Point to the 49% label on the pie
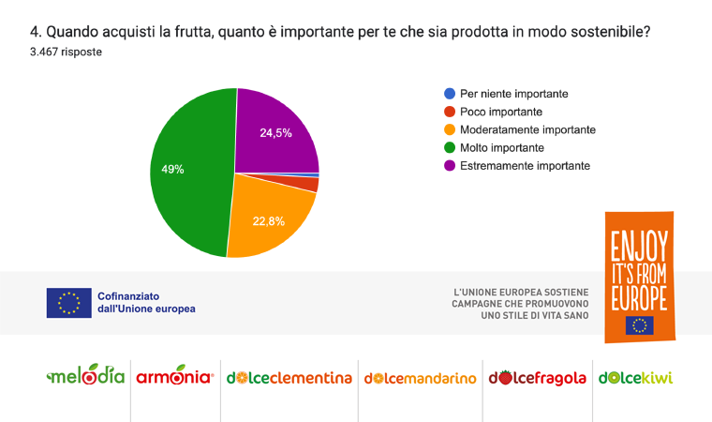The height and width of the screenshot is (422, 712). tap(172, 170)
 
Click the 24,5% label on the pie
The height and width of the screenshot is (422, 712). tap(275, 133)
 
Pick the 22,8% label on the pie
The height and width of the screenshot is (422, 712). tap(268, 221)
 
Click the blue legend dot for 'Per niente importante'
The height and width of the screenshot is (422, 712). tap(450, 94)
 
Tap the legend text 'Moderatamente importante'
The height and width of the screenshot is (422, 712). tap(527, 129)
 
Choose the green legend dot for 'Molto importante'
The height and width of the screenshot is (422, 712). tap(450, 147)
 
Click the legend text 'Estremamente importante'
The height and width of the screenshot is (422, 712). tap(525, 165)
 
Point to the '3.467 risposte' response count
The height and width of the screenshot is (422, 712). tap(67, 53)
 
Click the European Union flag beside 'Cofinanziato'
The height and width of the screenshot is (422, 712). tap(68, 302)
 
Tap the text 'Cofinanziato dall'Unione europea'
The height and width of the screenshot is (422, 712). tap(146, 302)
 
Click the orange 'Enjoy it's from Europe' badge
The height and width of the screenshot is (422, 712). tap(640, 277)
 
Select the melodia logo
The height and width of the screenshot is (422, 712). tap(85, 377)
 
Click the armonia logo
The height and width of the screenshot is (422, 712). tap(175, 378)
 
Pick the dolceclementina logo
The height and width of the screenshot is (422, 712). tap(288, 378)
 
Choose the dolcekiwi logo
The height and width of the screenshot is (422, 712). tap(636, 378)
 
